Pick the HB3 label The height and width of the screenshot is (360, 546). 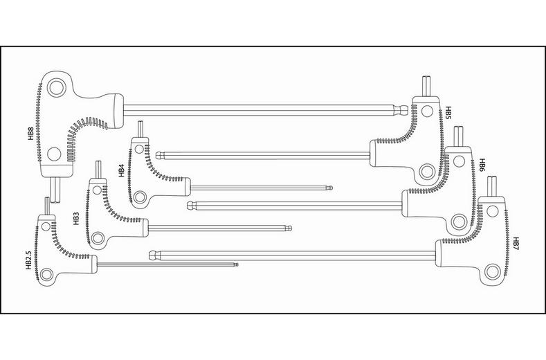76,219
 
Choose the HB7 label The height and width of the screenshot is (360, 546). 516,243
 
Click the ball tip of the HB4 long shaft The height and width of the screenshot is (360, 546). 330,187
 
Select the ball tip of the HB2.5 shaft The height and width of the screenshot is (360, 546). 236,264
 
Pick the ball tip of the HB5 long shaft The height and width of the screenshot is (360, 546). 159,154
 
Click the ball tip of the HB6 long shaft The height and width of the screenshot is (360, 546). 191,204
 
